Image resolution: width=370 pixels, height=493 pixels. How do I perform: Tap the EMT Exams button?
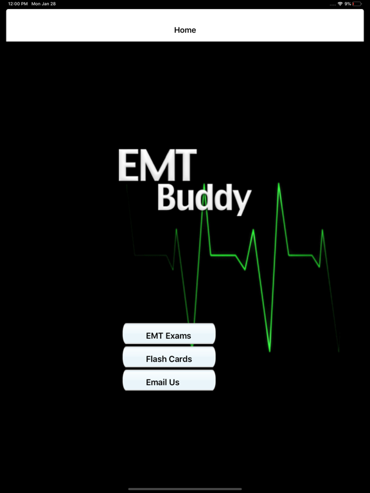pos(169,334)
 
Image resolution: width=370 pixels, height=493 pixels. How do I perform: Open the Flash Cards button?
pos(169,358)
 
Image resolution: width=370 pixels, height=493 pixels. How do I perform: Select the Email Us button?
pos(169,381)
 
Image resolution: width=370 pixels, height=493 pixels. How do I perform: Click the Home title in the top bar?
pos(185,30)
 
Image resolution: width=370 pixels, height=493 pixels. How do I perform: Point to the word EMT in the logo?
pos(157,166)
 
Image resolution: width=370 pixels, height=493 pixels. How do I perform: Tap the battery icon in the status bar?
pos(357,4)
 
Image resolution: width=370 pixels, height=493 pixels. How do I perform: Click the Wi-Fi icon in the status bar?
pos(340,4)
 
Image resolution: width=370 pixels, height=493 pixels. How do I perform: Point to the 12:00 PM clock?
pos(18,4)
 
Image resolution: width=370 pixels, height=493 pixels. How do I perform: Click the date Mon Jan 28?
pos(44,4)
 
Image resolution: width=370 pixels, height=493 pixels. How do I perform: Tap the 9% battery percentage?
pos(348,4)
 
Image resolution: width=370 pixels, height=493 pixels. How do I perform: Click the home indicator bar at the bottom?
pos(185,489)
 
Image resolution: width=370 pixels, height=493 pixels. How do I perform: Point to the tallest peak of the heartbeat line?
pos(279,184)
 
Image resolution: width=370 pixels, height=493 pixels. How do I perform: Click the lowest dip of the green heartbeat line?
pos(270,350)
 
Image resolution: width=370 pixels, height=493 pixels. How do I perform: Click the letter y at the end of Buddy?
pos(242,201)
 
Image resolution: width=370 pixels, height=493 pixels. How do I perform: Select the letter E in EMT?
pos(128,166)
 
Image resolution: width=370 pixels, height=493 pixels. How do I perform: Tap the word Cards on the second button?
pos(180,359)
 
